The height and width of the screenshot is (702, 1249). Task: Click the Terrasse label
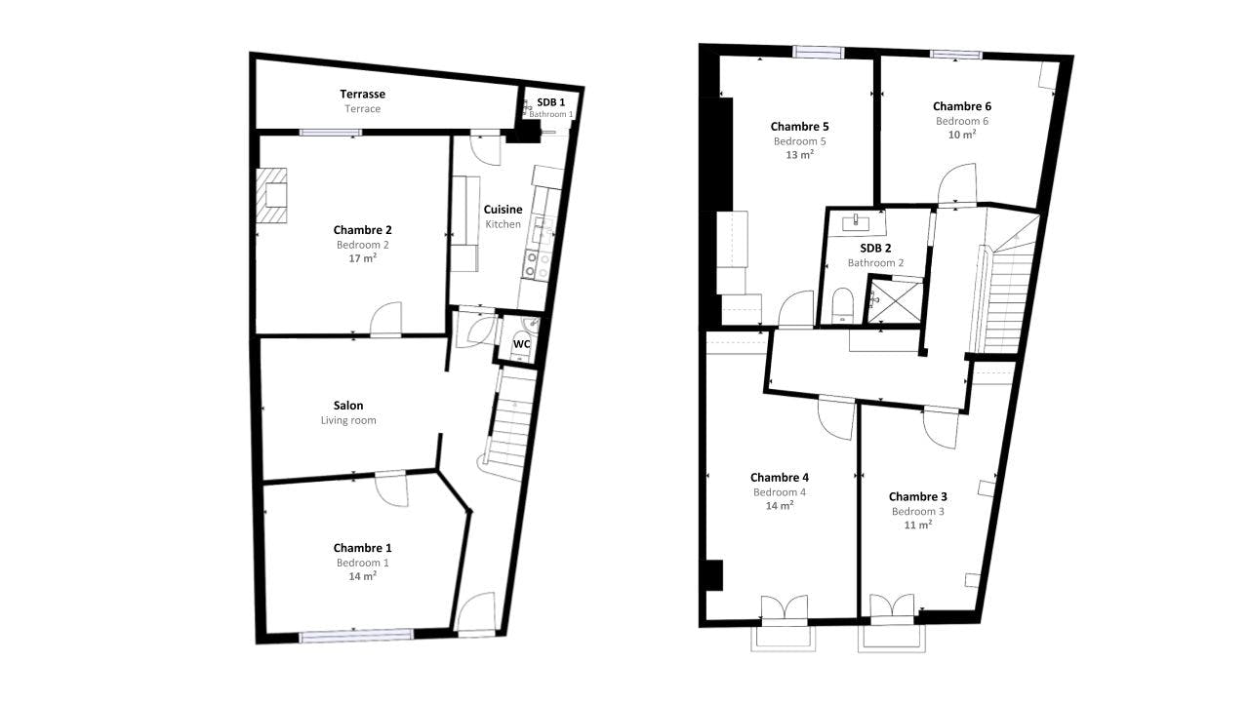[362, 95]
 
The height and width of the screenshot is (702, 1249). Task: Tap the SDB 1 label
[551, 102]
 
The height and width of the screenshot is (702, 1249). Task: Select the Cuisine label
[503, 210]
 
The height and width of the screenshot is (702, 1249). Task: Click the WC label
[521, 344]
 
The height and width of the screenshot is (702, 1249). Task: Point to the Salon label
[348, 406]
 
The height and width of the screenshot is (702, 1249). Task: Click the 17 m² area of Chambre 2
[362, 258]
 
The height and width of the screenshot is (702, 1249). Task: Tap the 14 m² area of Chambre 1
[362, 576]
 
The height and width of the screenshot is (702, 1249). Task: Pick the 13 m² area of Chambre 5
[799, 155]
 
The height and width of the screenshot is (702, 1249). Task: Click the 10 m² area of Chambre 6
[962, 135]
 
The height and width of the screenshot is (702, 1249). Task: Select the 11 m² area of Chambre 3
[918, 525]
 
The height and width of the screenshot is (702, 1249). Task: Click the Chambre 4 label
[779, 478]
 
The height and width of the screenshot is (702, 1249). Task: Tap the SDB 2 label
[875, 248]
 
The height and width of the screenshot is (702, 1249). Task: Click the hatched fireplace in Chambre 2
[272, 196]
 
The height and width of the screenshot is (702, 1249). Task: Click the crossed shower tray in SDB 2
[895, 301]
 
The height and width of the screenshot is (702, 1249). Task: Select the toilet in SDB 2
[842, 305]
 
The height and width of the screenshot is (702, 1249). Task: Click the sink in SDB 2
[856, 223]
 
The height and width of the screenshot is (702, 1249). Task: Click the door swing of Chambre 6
[957, 183]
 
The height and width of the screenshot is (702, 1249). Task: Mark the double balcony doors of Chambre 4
[785, 606]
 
